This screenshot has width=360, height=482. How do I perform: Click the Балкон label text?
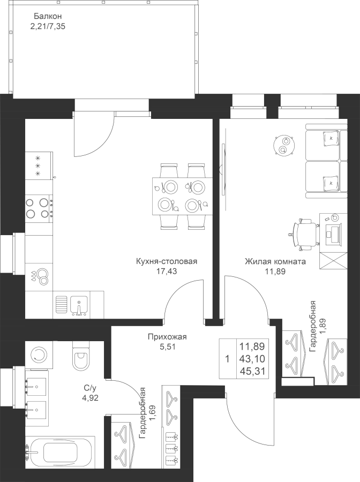pos(48,16)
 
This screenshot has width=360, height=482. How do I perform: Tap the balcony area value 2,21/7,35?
pos(48,26)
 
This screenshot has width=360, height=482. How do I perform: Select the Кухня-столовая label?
pos(166,261)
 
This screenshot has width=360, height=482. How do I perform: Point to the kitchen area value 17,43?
pos(166,272)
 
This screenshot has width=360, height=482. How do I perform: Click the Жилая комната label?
pos(275,261)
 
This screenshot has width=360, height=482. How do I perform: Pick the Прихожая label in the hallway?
pos(167,337)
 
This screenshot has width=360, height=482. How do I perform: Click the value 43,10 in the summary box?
pos(253,359)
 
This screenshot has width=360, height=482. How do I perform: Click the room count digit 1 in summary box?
pos(227,359)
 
